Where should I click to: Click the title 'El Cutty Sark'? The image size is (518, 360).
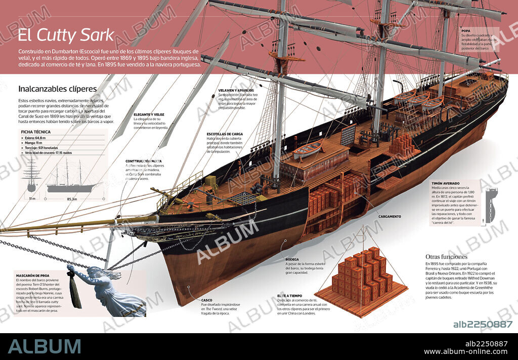pos(66,35)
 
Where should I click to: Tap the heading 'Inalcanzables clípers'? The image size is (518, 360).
pos(57,89)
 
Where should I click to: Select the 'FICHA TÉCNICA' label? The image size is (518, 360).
pos(35,132)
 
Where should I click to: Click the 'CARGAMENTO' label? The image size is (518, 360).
pos(390,217)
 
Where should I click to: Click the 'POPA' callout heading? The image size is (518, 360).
pos(465,30)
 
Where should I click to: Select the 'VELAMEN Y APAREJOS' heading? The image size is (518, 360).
pos(236,90)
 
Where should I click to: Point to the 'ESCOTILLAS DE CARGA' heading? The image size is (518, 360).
pos(225,134)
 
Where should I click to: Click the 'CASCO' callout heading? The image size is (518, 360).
pos(206,300)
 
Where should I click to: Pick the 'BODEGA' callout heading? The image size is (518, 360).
pos(292,259)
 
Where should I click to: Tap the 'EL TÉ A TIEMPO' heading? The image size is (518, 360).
pos(289,296)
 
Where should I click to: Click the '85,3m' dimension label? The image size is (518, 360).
pos(72,199)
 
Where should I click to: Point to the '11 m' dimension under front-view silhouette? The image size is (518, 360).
pos(31,199)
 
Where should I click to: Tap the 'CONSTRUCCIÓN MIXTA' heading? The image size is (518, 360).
pos(144,162)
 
